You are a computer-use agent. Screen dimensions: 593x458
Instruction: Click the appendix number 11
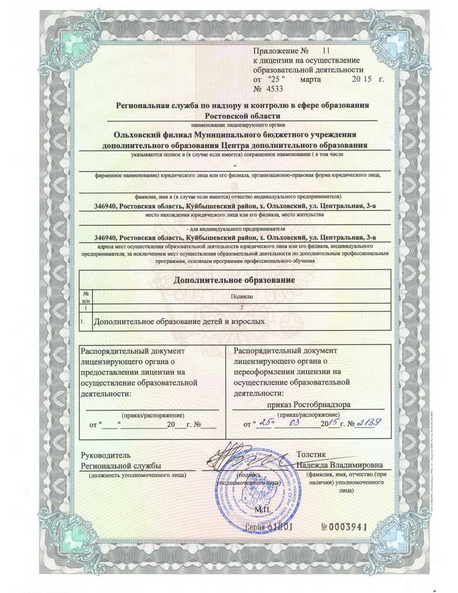(325, 52)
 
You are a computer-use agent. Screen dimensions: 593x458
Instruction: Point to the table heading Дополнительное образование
(235, 280)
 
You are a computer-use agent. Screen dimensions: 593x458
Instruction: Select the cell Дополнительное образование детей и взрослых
(179, 320)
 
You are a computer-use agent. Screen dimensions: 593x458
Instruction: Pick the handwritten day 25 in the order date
(266, 423)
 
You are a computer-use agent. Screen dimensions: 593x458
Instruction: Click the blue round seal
(255, 489)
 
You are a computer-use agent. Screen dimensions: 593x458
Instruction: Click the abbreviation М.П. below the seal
(262, 510)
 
